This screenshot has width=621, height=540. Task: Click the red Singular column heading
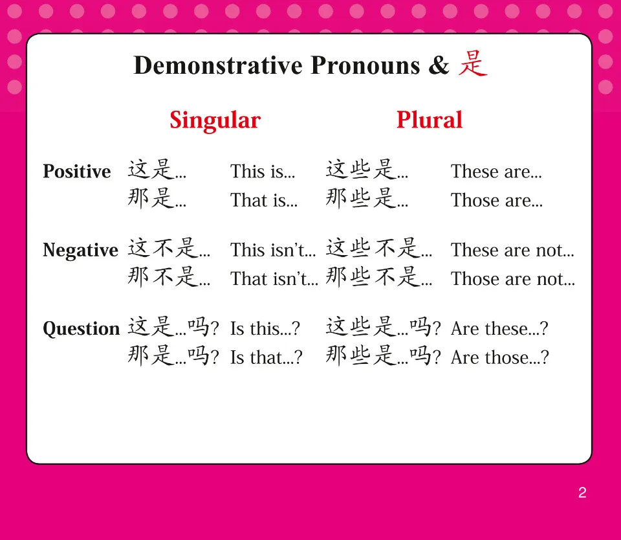[215, 120]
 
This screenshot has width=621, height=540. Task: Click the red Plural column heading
[430, 120]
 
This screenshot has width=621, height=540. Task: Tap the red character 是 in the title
[473, 65]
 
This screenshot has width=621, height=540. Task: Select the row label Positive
[76, 172]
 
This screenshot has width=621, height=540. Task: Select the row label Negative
[80, 251]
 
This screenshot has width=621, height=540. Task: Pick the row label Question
[81, 329]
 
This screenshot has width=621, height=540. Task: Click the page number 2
[582, 493]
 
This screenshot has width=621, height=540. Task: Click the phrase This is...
[262, 172]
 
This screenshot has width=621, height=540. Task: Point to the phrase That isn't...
[274, 279]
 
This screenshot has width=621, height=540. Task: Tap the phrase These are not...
[512, 251]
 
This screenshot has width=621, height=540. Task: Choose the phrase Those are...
[496, 201]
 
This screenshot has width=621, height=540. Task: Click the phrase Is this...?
[265, 329]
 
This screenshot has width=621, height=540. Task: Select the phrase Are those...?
[499, 357]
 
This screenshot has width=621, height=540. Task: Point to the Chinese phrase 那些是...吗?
[383, 356]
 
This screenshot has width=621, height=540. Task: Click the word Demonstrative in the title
[218, 66]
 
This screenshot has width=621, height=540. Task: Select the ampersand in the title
[439, 66]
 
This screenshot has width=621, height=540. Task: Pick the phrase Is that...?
[266, 357]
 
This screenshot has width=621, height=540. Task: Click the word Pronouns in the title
[365, 66]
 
